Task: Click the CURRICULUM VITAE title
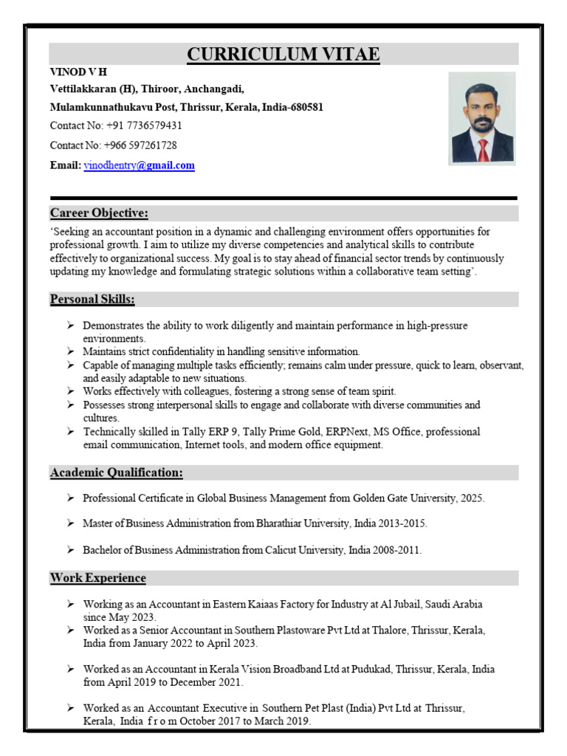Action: [283, 54]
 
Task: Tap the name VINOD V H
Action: [78, 72]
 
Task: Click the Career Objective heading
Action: [99, 213]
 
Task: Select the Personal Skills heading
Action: [92, 299]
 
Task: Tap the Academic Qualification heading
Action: [117, 472]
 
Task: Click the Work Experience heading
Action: [98, 578]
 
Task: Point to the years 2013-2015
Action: [402, 523]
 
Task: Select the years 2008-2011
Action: [396, 550]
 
